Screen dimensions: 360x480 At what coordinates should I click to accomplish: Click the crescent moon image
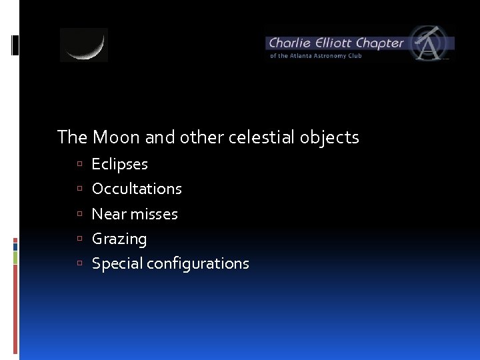pos(84,45)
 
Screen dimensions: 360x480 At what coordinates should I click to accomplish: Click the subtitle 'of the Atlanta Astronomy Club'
pos(315,56)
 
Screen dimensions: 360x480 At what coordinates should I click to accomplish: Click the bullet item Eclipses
pos(119,164)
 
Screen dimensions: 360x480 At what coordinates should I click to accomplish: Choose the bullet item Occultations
pos(137,189)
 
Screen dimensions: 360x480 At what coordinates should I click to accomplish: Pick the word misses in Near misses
pos(154,214)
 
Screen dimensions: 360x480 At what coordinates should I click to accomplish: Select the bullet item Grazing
pos(119,239)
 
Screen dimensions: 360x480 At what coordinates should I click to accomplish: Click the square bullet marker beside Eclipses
pos(79,165)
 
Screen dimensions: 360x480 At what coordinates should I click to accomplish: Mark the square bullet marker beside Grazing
pos(79,239)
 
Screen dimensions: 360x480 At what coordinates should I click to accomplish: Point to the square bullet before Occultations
pos(79,189)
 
